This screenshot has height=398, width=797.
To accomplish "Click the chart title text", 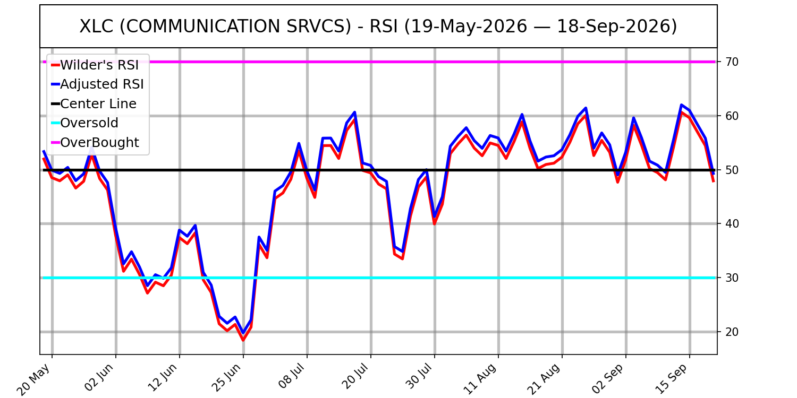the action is (x=378, y=27).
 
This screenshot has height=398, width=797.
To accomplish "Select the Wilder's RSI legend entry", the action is (x=95, y=65).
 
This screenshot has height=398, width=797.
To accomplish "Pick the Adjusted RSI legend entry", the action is (x=97, y=84).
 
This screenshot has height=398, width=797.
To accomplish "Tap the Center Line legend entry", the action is (x=94, y=104).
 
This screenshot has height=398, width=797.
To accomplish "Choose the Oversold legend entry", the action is (x=84, y=123).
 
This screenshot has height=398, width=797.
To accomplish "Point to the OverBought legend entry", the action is (x=95, y=143).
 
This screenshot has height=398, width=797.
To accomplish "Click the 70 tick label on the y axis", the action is (x=732, y=62).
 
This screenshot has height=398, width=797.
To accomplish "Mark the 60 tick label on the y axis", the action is (x=732, y=116).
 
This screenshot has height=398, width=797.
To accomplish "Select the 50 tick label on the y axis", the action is (x=732, y=170).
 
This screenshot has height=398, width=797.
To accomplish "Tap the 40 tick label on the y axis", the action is (x=732, y=224).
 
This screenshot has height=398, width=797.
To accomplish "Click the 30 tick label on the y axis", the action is (x=732, y=278).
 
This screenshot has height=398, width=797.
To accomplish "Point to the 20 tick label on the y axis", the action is (x=732, y=332).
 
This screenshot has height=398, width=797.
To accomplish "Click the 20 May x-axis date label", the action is (x=33, y=379).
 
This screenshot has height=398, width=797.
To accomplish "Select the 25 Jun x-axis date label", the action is (x=226, y=378).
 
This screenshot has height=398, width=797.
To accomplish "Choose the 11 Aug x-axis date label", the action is (x=480, y=379).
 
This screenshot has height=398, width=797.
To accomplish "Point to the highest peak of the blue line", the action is (x=681, y=105).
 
